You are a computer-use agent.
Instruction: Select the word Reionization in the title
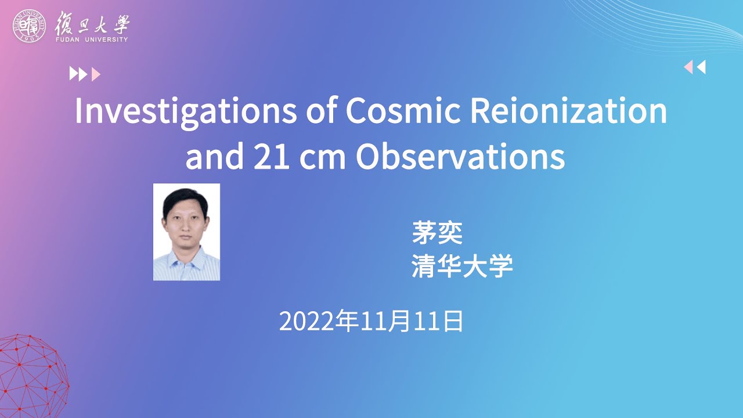[x=568, y=112]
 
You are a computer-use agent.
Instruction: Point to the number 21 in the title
[x=271, y=156]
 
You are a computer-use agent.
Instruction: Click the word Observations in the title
[x=460, y=156]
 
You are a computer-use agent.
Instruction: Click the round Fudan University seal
[x=29, y=26]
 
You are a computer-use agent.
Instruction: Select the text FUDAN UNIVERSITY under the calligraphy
[x=92, y=39]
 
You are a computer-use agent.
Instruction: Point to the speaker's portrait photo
[x=186, y=232]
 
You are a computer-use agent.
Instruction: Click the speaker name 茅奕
[x=437, y=232]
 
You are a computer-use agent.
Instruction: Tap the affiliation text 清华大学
[x=462, y=267]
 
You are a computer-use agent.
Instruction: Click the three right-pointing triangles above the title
[x=85, y=74]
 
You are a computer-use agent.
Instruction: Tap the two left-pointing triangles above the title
[x=695, y=67]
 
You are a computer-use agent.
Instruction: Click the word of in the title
[x=320, y=112]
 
